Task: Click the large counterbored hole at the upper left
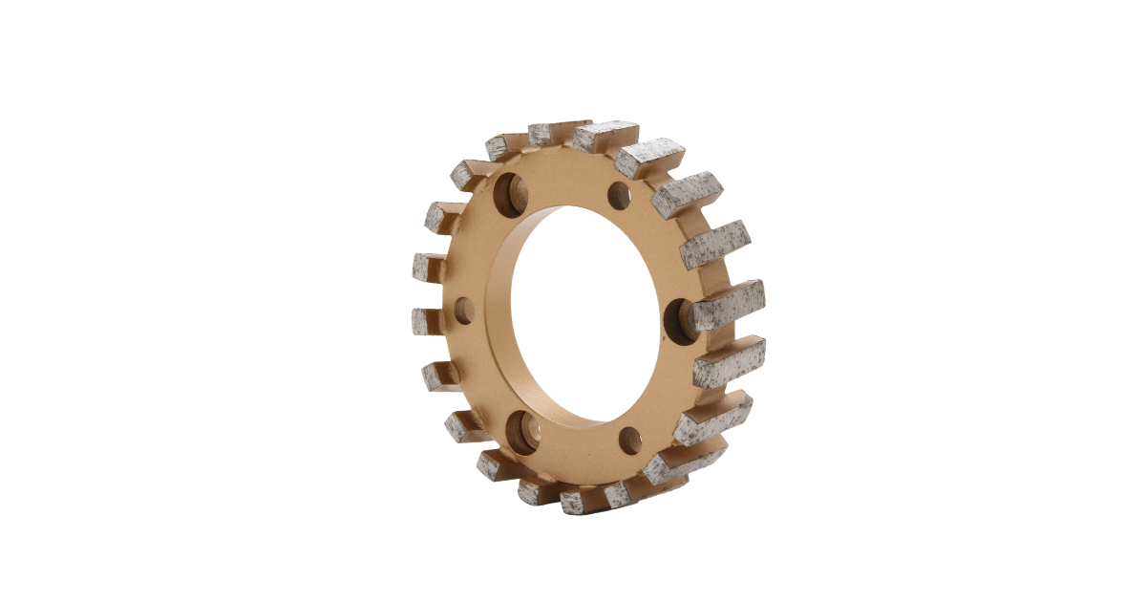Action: [x=510, y=195]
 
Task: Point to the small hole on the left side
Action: [x=464, y=309]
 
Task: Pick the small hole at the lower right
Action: [x=629, y=440]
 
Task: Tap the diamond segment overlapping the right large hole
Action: [x=728, y=306]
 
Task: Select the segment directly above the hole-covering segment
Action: [x=715, y=245]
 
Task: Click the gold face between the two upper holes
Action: [x=565, y=192]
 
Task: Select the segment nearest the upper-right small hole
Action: [x=649, y=159]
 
